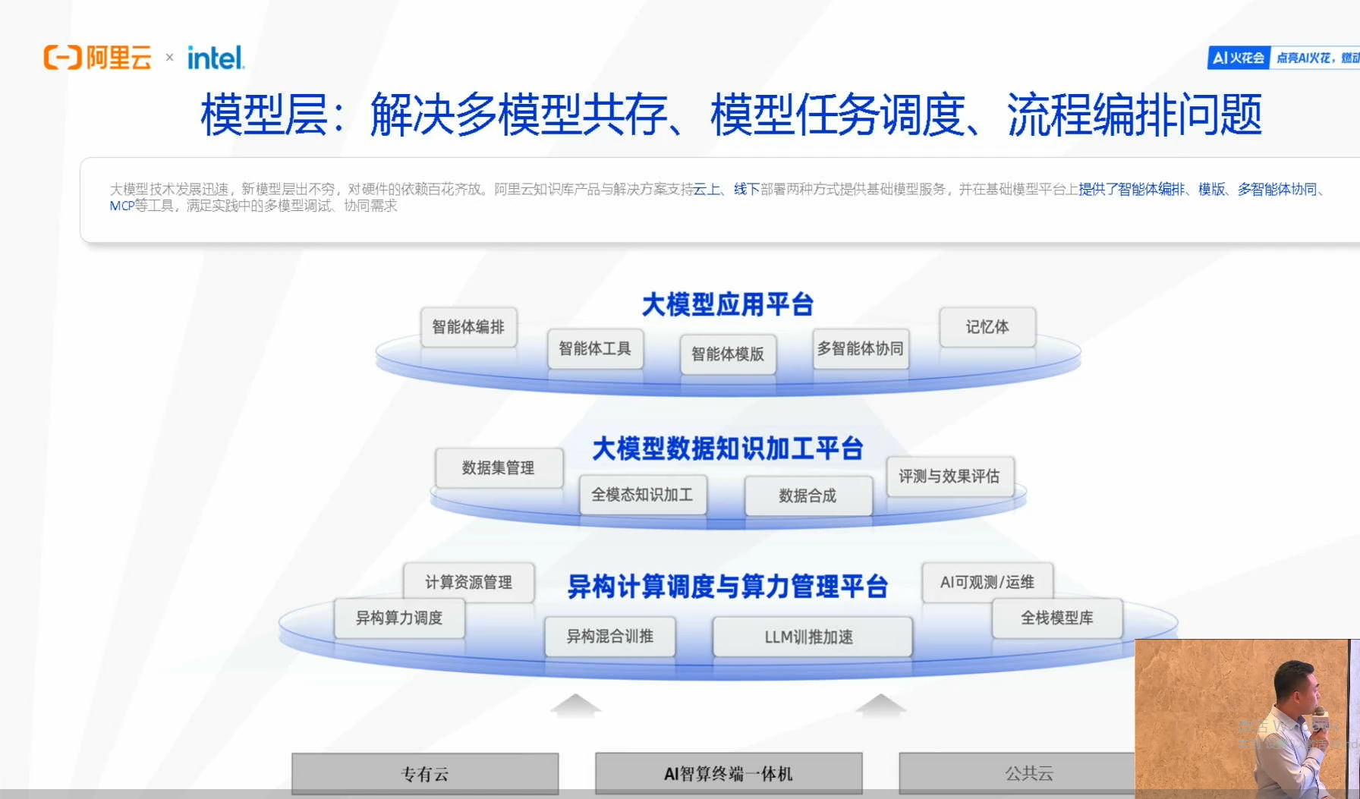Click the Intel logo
tap(216, 58)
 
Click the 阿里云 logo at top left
tap(98, 58)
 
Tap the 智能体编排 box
tap(468, 327)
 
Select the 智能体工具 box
tap(595, 349)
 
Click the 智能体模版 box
tap(728, 354)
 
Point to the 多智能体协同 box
tap(860, 349)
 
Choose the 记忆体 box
tap(987, 327)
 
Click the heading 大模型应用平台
tap(727, 304)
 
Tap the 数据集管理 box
tap(499, 467)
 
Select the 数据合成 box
tap(807, 495)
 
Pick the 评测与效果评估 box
tap(949, 477)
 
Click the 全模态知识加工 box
tap(642, 495)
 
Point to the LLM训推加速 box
tap(810, 637)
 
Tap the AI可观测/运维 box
tap(987, 582)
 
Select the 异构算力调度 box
tap(399, 618)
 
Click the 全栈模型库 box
tap(1056, 618)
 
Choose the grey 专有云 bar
tap(425, 774)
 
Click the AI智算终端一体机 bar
tap(729, 774)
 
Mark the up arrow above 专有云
tap(575, 705)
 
